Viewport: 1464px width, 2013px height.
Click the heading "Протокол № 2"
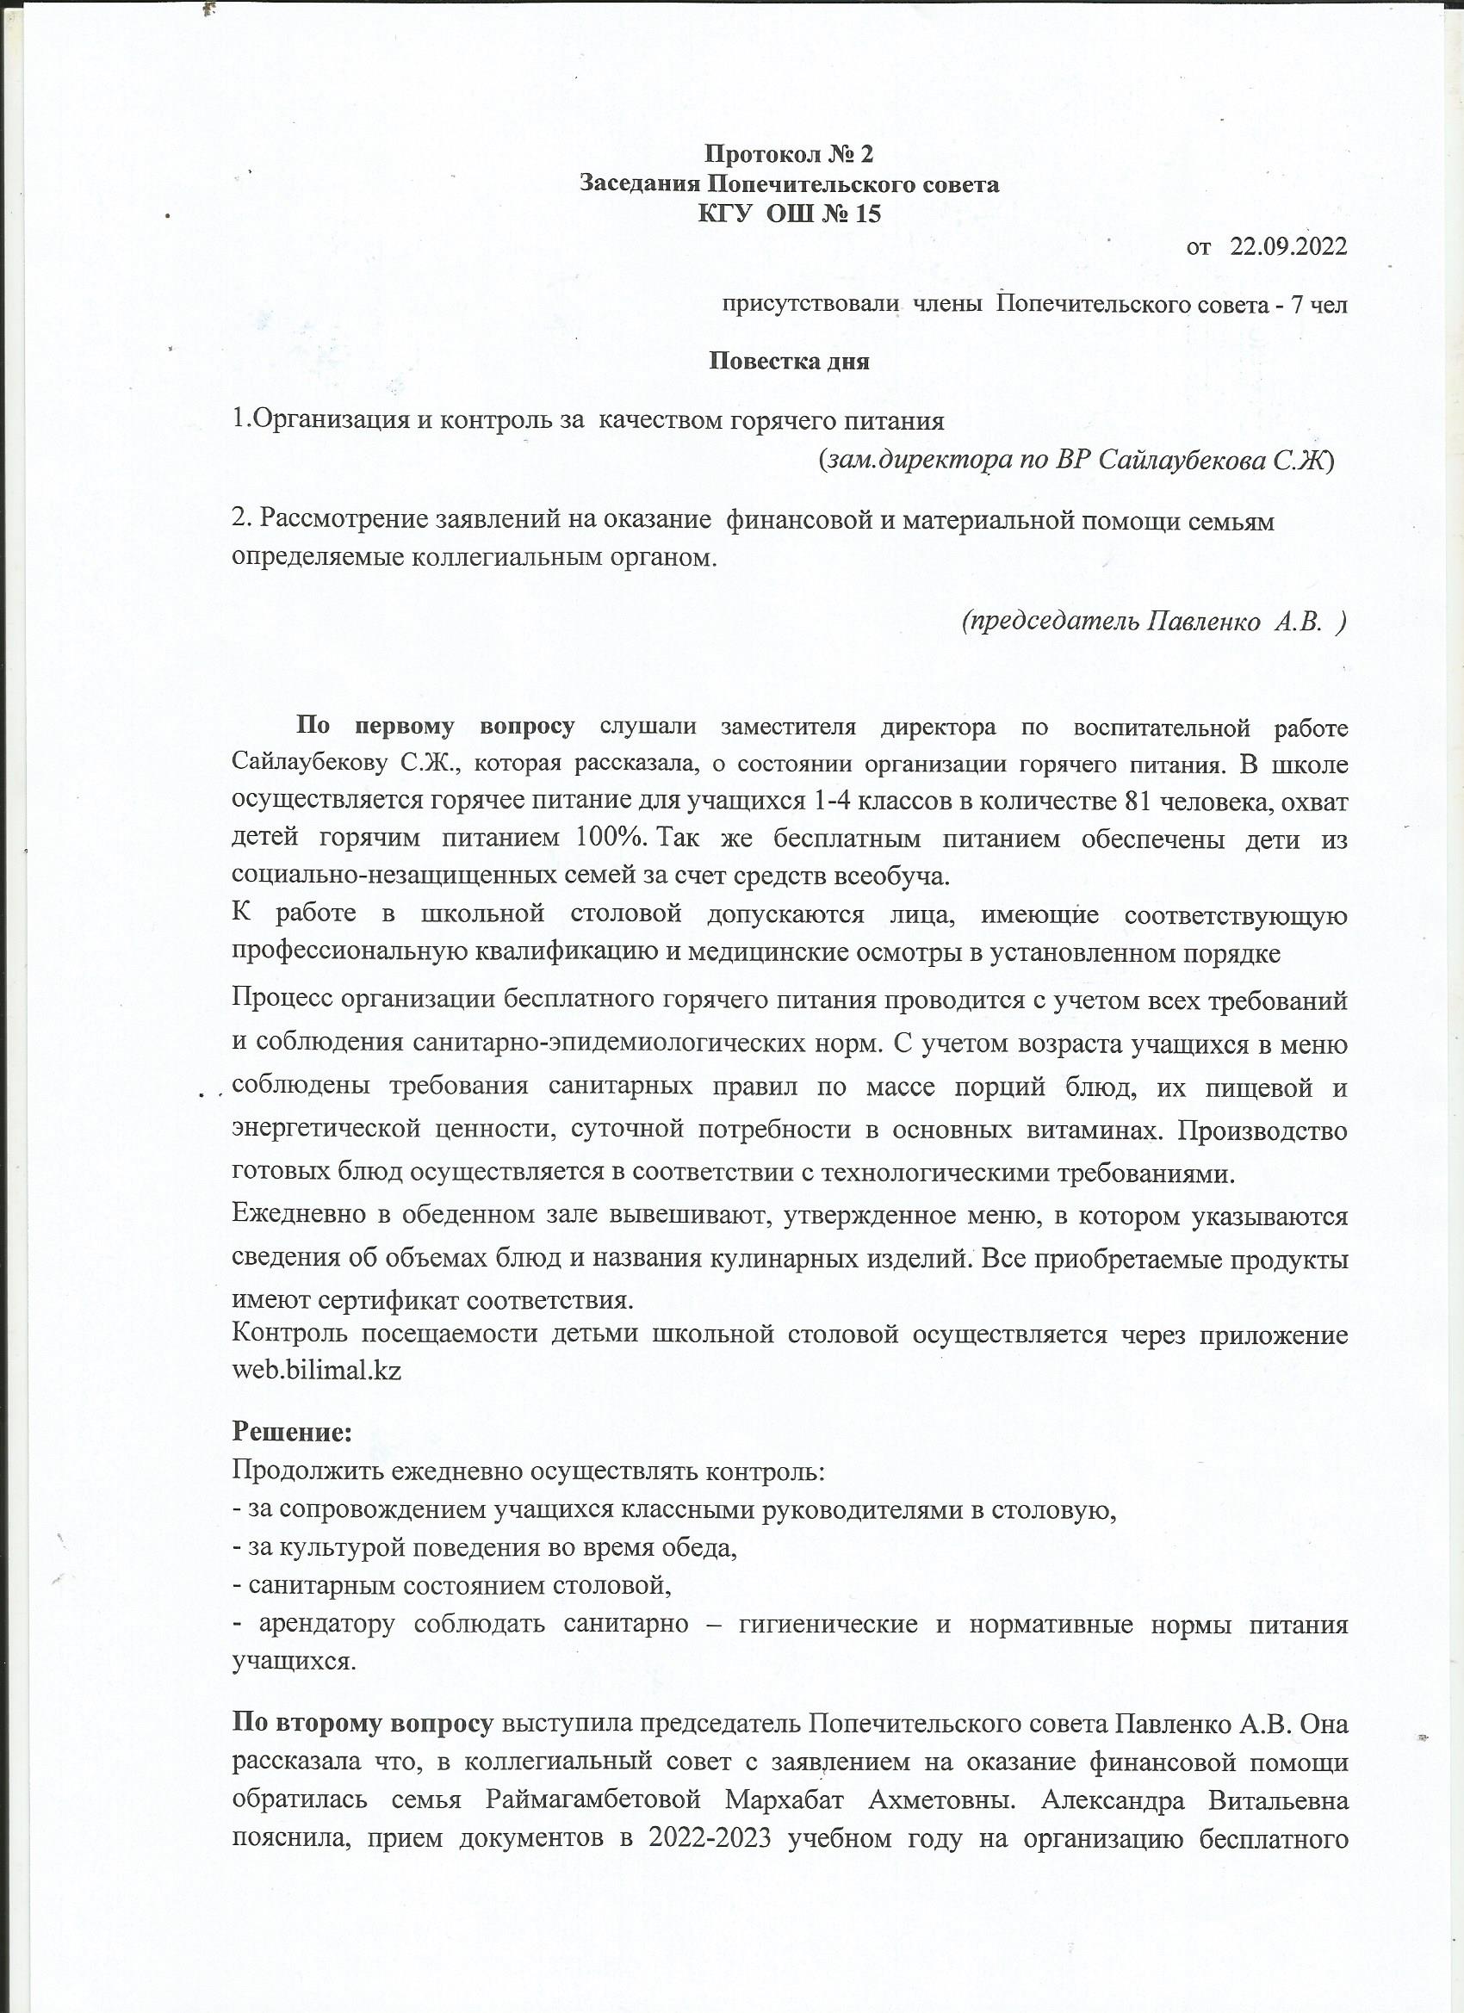[x=788, y=154]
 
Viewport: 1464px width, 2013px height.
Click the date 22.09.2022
[x=1287, y=247]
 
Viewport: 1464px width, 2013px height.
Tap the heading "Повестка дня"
[x=788, y=362]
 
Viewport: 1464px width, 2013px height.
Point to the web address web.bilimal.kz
[x=316, y=1371]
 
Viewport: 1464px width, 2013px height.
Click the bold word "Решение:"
[x=292, y=1432]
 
